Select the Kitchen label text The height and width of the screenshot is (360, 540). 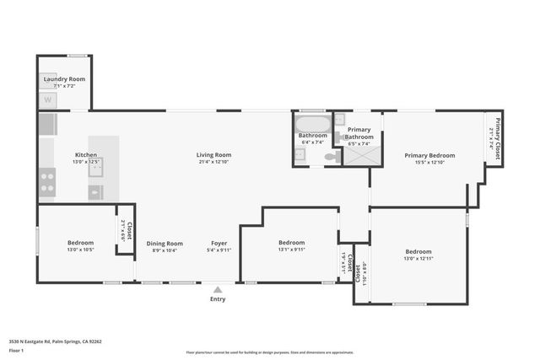(x=86, y=155)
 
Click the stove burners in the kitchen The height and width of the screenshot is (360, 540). (x=47, y=182)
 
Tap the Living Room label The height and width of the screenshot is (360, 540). (x=213, y=155)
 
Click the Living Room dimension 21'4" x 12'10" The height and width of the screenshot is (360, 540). (x=213, y=162)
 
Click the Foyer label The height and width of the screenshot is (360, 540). (x=219, y=243)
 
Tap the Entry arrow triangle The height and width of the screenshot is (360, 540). (x=218, y=288)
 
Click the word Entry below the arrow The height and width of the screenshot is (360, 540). (x=218, y=298)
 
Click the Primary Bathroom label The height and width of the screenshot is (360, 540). (x=359, y=133)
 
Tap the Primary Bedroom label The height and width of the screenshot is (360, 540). (x=429, y=155)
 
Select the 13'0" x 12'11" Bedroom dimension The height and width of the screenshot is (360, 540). (x=418, y=259)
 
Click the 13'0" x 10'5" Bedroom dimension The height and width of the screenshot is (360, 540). (x=80, y=250)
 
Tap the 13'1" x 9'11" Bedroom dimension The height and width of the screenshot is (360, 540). (x=291, y=250)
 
